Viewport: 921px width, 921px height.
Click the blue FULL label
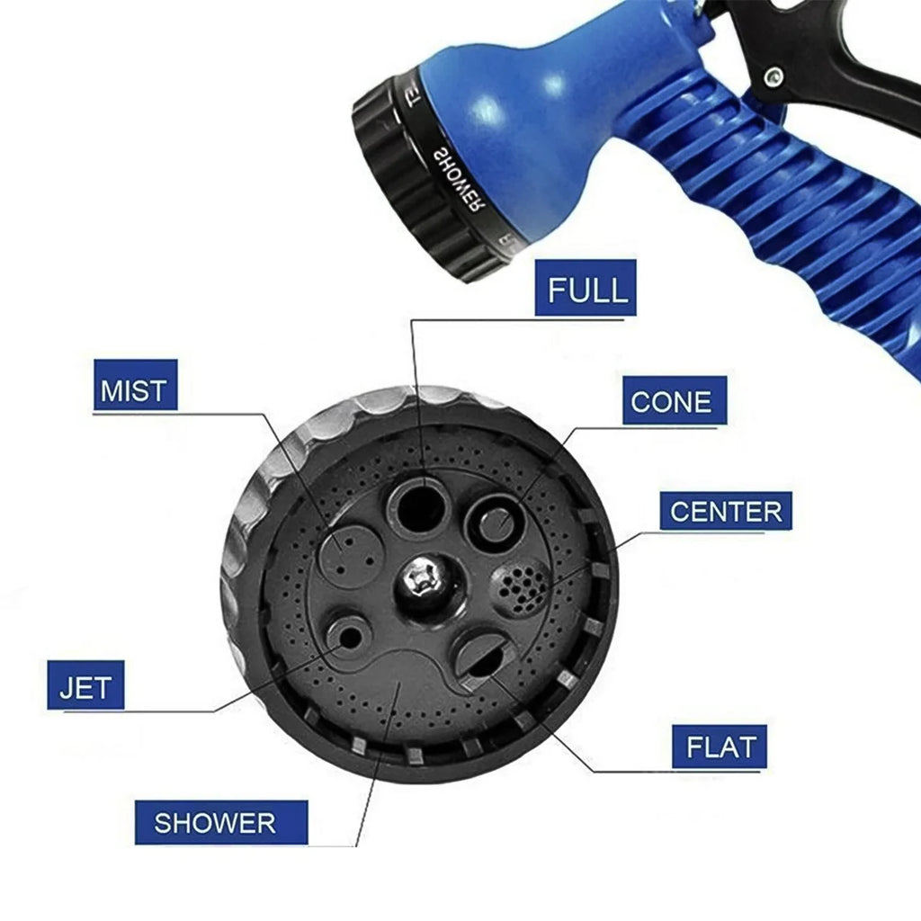(586, 289)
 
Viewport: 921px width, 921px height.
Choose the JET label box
(85, 686)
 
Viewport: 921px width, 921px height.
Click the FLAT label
(720, 746)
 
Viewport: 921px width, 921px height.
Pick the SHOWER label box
(216, 822)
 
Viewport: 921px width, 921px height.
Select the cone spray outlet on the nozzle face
(494, 521)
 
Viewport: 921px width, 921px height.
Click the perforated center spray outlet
(521, 586)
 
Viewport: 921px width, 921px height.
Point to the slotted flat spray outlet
(478, 657)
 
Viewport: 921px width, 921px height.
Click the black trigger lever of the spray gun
(836, 54)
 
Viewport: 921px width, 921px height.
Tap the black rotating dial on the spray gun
(423, 180)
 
